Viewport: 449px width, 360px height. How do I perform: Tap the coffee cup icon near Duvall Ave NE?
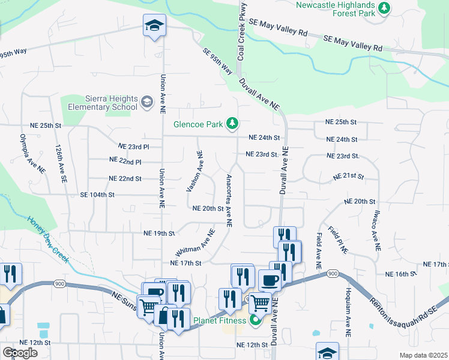[269, 280]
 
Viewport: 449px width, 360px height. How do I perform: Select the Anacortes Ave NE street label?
[229, 200]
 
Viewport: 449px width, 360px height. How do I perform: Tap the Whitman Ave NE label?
[195, 243]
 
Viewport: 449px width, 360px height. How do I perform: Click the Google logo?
[20, 352]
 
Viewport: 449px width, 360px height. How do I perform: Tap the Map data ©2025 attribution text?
[423, 355]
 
